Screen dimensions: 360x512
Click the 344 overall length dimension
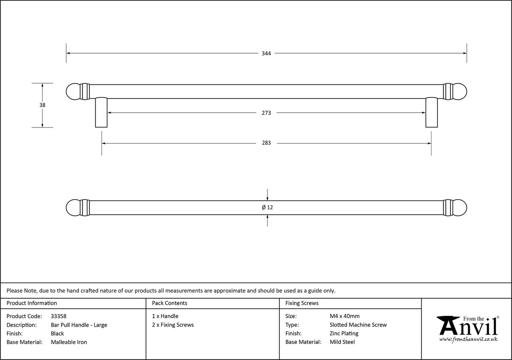tap(266, 54)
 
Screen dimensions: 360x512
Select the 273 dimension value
tap(266, 113)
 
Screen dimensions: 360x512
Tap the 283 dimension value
tap(266, 143)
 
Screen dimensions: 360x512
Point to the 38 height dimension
tap(42, 105)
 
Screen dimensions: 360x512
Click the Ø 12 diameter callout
tap(267, 207)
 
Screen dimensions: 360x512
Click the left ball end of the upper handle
tap(73, 91)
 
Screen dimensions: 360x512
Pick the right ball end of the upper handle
tap(459, 91)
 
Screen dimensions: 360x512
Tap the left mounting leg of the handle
tap(101, 112)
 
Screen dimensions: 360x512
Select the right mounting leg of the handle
tap(431, 112)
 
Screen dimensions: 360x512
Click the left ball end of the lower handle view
tap(73, 207)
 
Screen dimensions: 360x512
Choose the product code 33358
tap(59, 316)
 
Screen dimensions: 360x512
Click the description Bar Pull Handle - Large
tap(79, 325)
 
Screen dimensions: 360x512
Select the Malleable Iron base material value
tap(69, 342)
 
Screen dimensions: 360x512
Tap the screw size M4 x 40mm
tap(345, 316)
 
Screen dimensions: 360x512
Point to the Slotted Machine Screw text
tap(358, 325)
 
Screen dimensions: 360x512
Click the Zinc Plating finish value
tap(344, 333)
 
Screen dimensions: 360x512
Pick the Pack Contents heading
tap(170, 303)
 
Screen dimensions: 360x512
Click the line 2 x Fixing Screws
tap(173, 325)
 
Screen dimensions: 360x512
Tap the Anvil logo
tap(467, 329)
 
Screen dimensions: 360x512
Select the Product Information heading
tap(32, 303)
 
